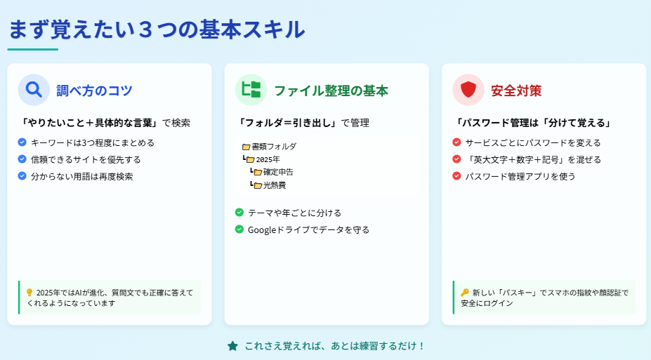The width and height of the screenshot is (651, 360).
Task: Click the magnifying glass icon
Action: [x=34, y=90]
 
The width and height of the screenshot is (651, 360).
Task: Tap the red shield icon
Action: [x=468, y=89]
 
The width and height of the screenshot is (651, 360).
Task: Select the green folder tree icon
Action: [x=251, y=90]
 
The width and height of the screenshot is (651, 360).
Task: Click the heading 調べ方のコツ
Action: [x=94, y=91]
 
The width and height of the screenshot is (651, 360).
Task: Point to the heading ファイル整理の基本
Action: [x=331, y=91]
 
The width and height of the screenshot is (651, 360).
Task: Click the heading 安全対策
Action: [x=516, y=91]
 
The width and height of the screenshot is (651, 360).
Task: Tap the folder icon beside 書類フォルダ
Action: [x=246, y=147]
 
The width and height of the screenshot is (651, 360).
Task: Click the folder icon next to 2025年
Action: [x=250, y=160]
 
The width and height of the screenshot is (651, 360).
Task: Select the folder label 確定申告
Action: [x=278, y=172]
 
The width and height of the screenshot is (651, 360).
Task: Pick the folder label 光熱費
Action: [x=275, y=185]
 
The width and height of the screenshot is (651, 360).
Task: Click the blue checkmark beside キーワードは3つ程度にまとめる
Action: [x=22, y=142]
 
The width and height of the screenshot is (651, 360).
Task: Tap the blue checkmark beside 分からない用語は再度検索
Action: [x=22, y=176]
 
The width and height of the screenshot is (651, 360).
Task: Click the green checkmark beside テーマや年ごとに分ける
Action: [x=239, y=213]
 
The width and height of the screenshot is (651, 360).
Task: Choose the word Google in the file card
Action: [x=261, y=229]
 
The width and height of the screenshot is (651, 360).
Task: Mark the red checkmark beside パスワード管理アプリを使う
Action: [x=456, y=176]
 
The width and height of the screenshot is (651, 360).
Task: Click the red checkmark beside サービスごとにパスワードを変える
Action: [x=456, y=142]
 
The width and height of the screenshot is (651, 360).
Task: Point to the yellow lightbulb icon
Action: [x=29, y=293]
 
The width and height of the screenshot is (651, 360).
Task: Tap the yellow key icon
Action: [x=465, y=293]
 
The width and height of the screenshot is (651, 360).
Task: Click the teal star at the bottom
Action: [x=233, y=346]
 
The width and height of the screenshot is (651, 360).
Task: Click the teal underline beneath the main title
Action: [x=33, y=49]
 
